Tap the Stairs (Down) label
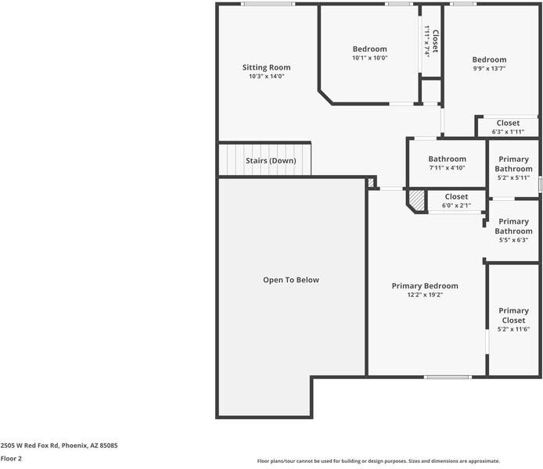(271, 160)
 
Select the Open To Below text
(290, 280)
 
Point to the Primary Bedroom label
(425, 285)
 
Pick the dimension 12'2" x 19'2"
(425, 295)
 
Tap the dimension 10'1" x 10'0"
(369, 58)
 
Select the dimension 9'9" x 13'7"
(489, 69)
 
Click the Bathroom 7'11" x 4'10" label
(447, 159)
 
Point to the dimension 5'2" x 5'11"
(513, 177)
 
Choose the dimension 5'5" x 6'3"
(513, 240)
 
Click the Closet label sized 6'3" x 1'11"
(508, 123)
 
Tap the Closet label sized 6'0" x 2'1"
(456, 196)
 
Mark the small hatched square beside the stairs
(371, 182)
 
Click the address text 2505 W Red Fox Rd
(59, 445)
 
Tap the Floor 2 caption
(11, 458)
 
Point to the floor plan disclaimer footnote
(378, 461)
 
